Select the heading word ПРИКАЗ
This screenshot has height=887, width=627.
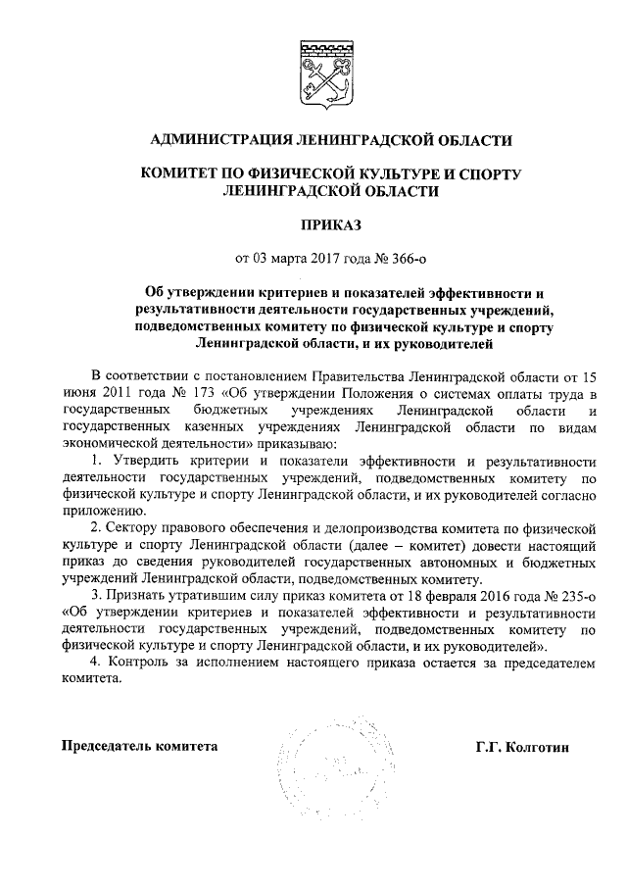pyautogui.click(x=313, y=225)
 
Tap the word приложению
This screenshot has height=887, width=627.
pyautogui.click(x=100, y=511)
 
